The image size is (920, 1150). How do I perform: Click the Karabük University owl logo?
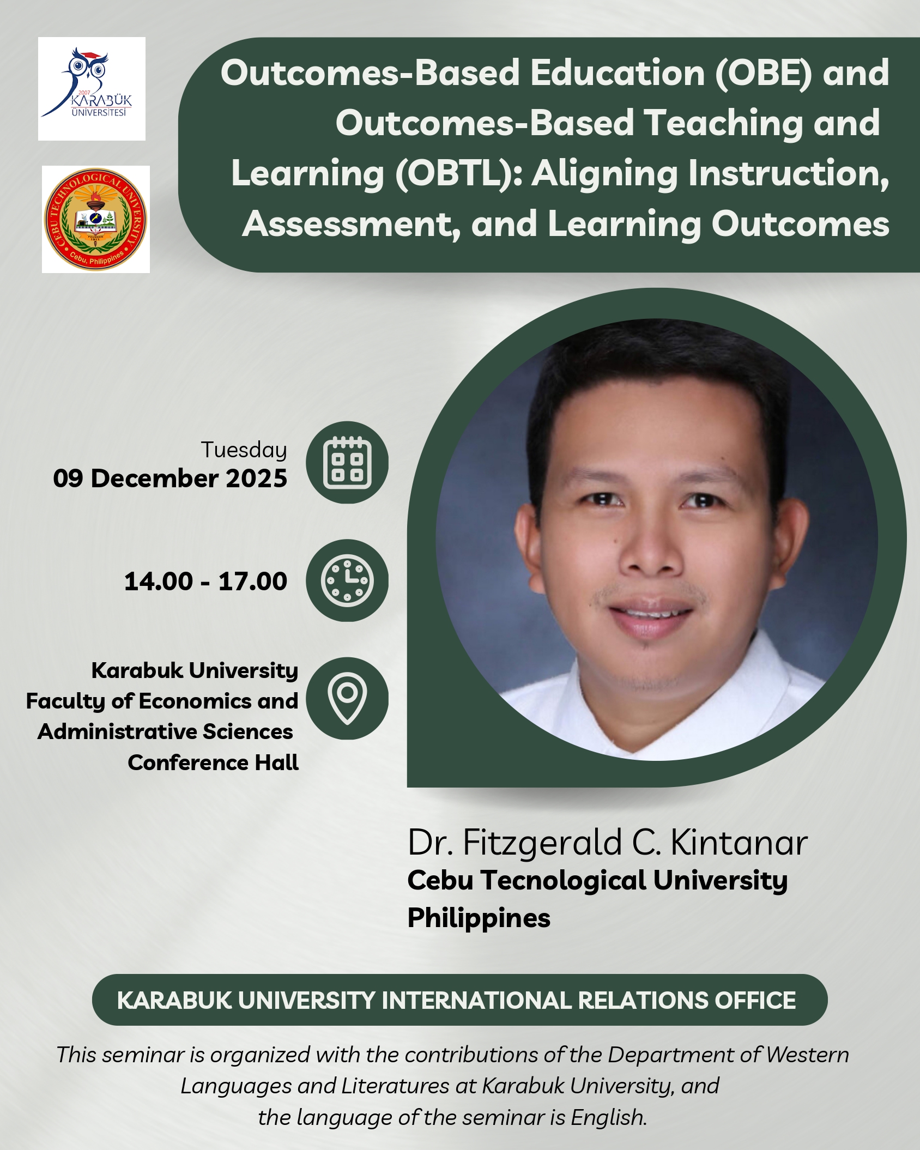92,88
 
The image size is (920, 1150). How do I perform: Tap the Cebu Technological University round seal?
96,219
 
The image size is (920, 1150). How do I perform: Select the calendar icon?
347,462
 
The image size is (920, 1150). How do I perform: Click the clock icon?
347,580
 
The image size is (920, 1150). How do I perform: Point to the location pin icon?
347,698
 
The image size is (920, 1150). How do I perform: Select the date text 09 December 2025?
170,479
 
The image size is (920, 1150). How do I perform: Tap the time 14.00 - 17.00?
205,582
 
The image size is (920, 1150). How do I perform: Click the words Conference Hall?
213,762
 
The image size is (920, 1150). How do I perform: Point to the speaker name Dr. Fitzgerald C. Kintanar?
608,843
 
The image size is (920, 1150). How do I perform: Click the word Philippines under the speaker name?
479,918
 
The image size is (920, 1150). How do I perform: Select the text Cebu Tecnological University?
597,881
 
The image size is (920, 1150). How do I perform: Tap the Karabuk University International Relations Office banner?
459,1000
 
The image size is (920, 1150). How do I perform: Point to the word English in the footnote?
609,1118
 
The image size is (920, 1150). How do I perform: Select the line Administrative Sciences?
165,731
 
